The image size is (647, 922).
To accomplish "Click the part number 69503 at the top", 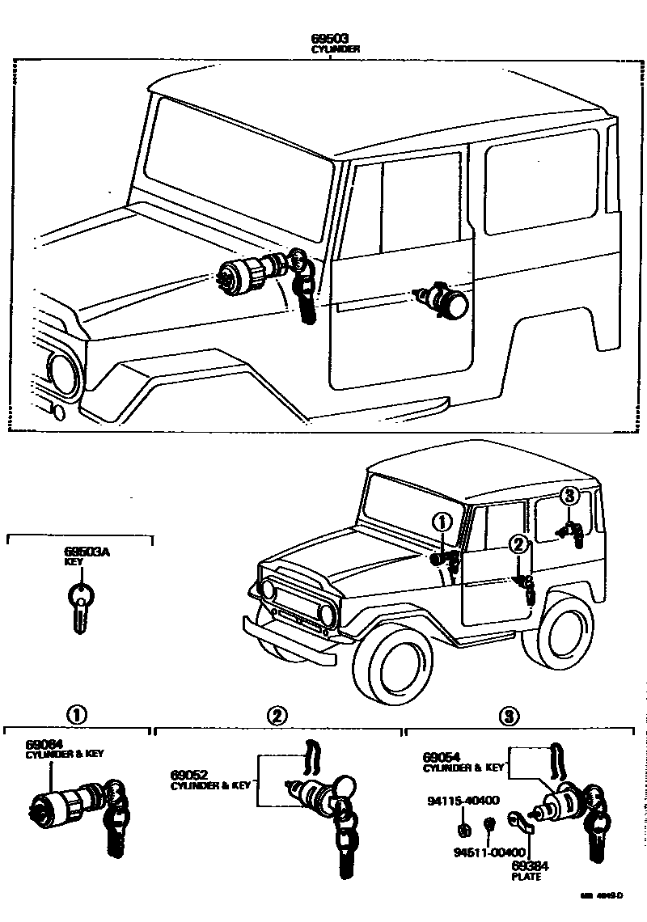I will (330, 39).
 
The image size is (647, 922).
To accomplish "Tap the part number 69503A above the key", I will (87, 552).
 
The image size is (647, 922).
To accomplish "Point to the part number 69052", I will (187, 774).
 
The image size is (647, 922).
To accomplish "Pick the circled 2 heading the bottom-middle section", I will (277, 715).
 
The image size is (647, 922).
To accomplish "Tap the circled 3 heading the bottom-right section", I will (508, 715).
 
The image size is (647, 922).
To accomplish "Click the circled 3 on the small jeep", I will (569, 495).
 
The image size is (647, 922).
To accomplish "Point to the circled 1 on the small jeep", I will (442, 522).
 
